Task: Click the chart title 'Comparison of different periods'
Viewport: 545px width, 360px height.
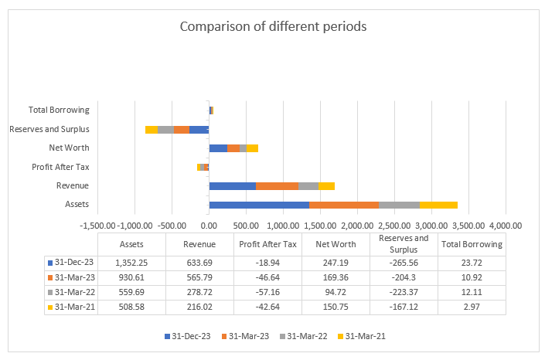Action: click(x=273, y=26)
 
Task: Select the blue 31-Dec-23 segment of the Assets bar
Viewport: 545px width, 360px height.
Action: click(x=259, y=205)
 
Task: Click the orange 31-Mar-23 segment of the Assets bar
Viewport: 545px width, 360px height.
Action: click(x=344, y=205)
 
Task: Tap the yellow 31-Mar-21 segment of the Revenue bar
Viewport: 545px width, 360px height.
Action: click(x=326, y=185)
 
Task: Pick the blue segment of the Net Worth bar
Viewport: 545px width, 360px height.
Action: click(x=218, y=148)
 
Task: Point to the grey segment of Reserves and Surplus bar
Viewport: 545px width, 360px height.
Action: click(x=165, y=129)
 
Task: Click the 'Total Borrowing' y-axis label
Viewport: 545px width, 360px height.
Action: click(x=59, y=110)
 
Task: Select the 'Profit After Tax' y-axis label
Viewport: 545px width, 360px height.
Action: click(x=60, y=167)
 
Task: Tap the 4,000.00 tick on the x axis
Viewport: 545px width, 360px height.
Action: click(x=506, y=225)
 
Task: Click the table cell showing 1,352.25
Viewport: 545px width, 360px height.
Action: click(x=131, y=263)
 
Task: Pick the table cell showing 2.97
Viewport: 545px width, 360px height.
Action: click(x=472, y=306)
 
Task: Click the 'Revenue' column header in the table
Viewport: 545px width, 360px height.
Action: click(x=199, y=244)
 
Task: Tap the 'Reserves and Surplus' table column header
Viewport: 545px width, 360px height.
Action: click(x=404, y=244)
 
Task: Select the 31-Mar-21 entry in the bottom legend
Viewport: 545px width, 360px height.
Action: click(x=363, y=337)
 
